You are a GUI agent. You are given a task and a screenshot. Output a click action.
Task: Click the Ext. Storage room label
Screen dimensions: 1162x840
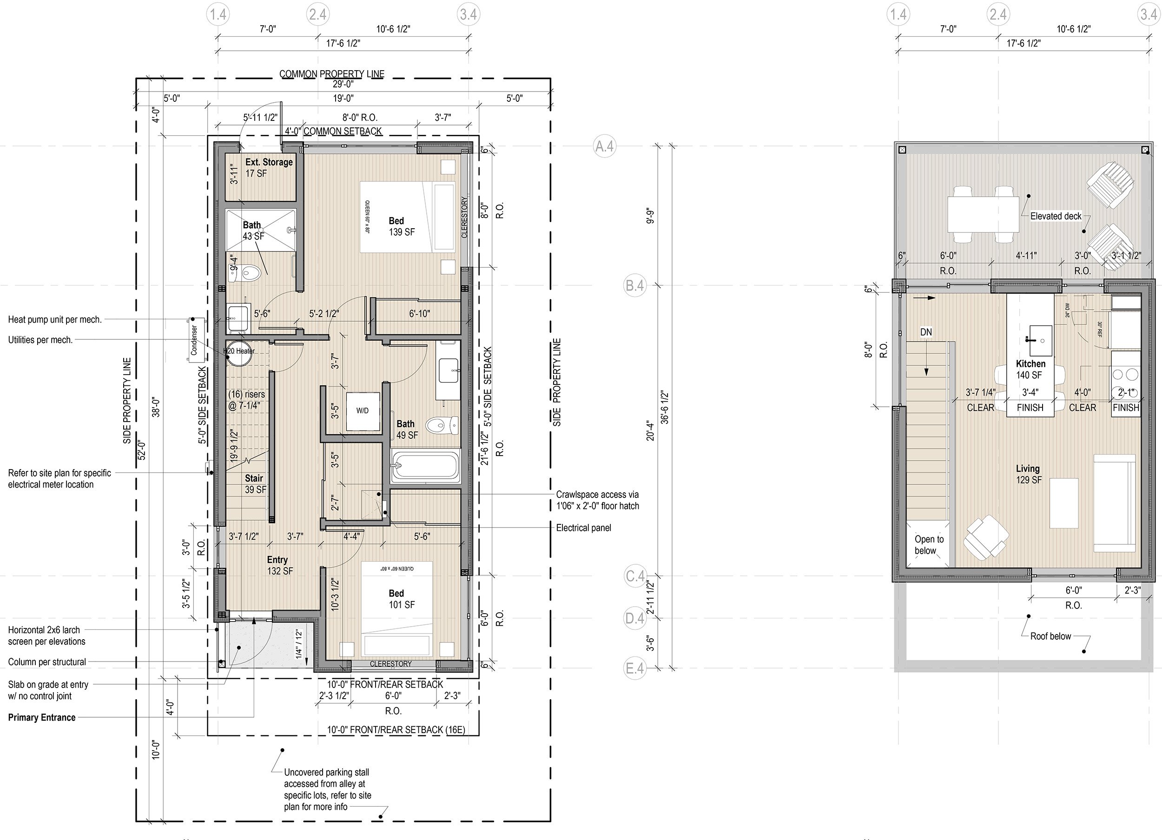click(x=269, y=168)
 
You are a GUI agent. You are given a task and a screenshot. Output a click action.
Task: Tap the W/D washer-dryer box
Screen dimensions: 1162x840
click(x=363, y=411)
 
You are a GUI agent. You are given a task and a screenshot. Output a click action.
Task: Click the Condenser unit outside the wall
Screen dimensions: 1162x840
click(x=194, y=340)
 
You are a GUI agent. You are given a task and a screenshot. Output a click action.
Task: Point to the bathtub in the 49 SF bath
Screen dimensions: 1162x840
click(x=425, y=466)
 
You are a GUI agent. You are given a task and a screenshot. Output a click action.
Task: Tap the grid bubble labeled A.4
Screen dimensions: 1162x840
click(x=605, y=146)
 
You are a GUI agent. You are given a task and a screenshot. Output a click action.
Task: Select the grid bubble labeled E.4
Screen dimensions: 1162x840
click(x=635, y=668)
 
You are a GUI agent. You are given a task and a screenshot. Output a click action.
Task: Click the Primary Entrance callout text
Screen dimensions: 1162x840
click(x=41, y=718)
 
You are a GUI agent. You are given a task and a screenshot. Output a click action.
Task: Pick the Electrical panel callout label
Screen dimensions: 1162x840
click(x=584, y=528)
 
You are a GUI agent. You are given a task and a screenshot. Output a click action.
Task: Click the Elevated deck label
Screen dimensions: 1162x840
click(x=1056, y=216)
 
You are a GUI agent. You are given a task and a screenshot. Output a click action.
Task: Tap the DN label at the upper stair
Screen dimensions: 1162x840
click(x=926, y=332)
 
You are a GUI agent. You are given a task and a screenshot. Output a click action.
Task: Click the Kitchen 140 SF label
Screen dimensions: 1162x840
click(x=1030, y=369)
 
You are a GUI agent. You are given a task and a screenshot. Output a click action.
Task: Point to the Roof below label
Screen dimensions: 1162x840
click(x=1051, y=636)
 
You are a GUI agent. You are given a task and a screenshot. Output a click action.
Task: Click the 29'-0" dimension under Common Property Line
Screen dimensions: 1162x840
click(x=343, y=84)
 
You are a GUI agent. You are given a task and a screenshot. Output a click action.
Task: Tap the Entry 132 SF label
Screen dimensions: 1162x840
click(x=280, y=565)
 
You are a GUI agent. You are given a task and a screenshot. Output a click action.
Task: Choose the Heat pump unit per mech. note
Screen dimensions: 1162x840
click(x=55, y=319)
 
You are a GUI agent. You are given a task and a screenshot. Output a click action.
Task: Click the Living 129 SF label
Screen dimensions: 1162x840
click(x=1028, y=474)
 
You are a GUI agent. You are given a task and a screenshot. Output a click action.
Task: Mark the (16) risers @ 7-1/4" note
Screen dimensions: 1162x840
click(x=247, y=400)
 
